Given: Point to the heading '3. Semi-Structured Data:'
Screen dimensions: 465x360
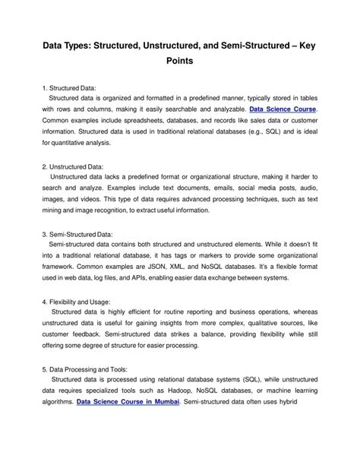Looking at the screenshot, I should pos(85,234).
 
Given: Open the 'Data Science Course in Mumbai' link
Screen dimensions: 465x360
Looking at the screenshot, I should pos(128,401).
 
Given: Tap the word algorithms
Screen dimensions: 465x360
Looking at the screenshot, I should pos(58,401).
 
